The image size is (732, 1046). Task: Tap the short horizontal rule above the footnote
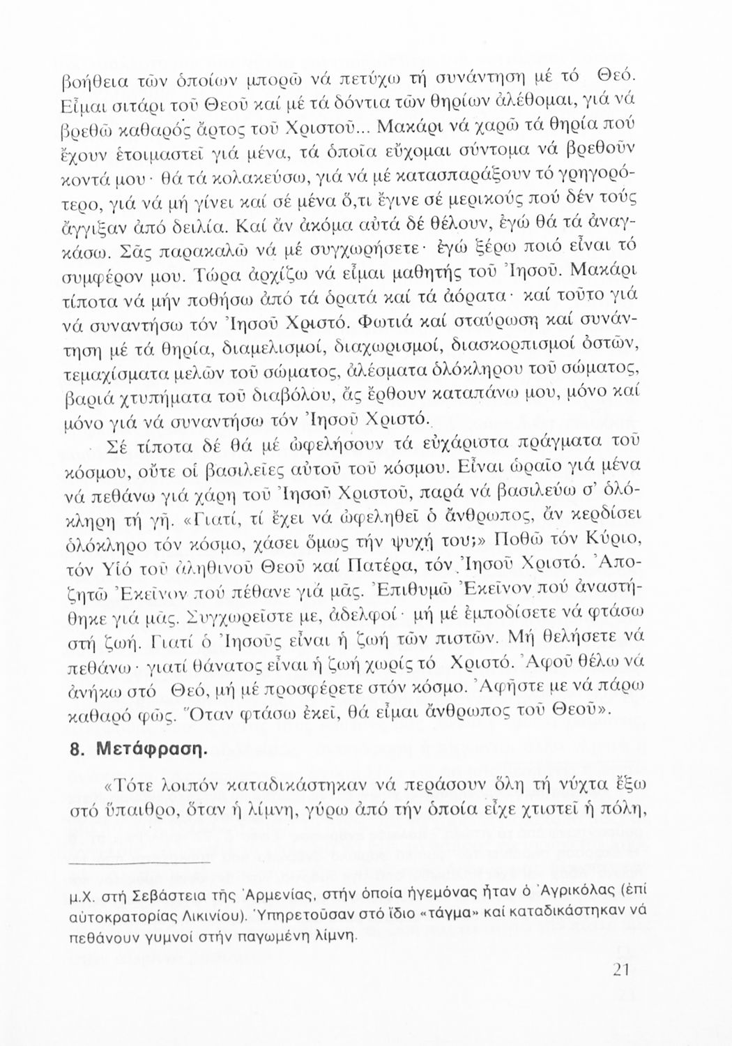[141, 862]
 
